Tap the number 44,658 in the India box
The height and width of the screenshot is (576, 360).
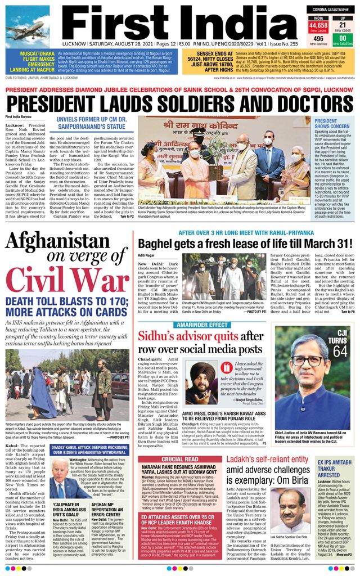[x=319, y=25]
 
